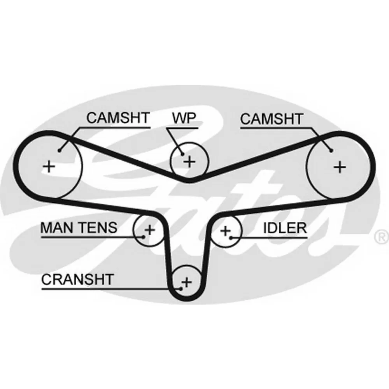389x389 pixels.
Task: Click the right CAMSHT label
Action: [x=272, y=119]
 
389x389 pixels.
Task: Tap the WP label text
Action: [x=184, y=118]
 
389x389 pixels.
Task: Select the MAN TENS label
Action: [x=79, y=228]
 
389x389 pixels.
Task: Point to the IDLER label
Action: [x=285, y=228]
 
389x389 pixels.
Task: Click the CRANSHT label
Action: [x=77, y=279]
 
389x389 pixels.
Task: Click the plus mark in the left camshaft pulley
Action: [x=49, y=166]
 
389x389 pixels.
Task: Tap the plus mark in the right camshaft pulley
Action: [x=340, y=167]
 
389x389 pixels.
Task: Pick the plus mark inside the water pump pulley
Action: [x=189, y=162]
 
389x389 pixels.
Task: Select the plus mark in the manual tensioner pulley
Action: [x=150, y=230]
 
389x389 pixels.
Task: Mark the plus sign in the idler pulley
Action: [x=225, y=231]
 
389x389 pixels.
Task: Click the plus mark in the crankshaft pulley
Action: [x=187, y=282]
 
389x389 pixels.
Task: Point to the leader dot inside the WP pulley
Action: [x=182, y=154]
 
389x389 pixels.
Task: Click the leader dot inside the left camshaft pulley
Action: [x=59, y=150]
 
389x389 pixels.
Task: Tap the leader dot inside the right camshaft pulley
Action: [x=331, y=151]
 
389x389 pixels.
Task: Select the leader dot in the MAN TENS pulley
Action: [x=144, y=237]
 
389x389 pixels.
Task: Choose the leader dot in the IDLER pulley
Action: [x=231, y=238]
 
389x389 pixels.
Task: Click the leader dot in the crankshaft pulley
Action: [x=181, y=289]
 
